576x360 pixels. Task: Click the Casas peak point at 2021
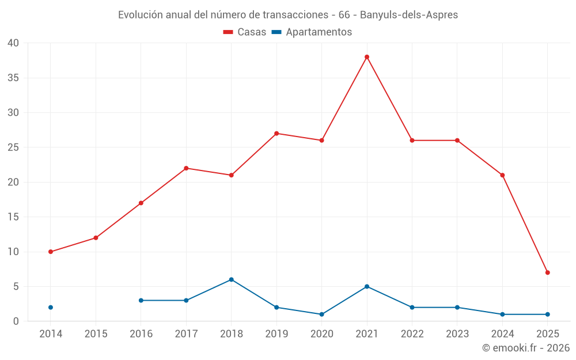coord(367,57)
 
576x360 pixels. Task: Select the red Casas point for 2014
coord(51,252)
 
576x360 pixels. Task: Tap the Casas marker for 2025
coord(547,272)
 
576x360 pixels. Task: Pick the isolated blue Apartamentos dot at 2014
coord(51,308)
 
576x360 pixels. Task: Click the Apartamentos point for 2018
coord(232,279)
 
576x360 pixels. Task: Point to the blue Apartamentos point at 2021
coord(367,286)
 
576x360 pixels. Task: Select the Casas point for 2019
coord(276,134)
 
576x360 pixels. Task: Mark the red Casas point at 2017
coord(186,168)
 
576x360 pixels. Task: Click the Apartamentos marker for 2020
coord(321,314)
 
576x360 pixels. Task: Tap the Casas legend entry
coord(245,32)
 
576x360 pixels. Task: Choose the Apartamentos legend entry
coord(312,32)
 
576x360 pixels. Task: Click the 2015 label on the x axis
coord(96,334)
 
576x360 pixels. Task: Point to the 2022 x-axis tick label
coord(412,334)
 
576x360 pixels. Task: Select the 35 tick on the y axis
coord(13,78)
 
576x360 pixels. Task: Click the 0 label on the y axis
coord(16,321)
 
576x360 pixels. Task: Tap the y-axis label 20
coord(13,182)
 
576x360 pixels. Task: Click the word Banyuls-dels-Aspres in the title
coord(409,15)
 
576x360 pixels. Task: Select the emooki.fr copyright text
coord(525,348)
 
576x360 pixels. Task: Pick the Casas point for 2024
coord(502,175)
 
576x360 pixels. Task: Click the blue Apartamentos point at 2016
coord(141,301)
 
